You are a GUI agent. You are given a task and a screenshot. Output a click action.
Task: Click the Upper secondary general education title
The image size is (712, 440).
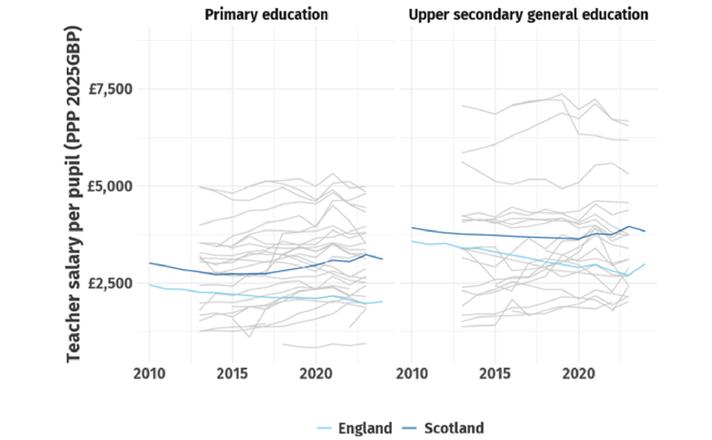point(528,15)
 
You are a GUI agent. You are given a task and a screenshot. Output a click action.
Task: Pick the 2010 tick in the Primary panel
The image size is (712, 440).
point(149,371)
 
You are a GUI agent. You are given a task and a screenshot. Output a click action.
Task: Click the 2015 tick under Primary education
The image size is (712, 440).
point(233,371)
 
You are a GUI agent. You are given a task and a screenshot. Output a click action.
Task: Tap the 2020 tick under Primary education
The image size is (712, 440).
point(316,371)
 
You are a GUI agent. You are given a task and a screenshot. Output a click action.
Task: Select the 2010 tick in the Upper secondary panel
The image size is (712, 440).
point(412,371)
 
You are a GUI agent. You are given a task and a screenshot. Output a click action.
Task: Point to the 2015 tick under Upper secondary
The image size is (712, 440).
point(495,371)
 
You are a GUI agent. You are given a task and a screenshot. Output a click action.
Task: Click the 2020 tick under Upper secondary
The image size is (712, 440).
point(579,371)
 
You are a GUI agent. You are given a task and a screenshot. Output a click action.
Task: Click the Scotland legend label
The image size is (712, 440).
point(454,428)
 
